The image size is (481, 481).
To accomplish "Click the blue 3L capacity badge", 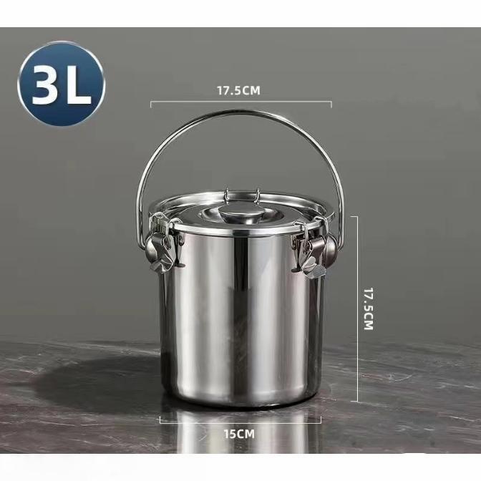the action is click(x=62, y=84).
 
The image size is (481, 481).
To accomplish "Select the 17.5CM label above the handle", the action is click(x=238, y=91).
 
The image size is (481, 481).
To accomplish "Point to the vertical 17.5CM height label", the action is click(x=368, y=308).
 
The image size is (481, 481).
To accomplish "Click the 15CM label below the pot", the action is click(x=239, y=434).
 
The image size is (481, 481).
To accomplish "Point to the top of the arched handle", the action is click(x=240, y=112).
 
